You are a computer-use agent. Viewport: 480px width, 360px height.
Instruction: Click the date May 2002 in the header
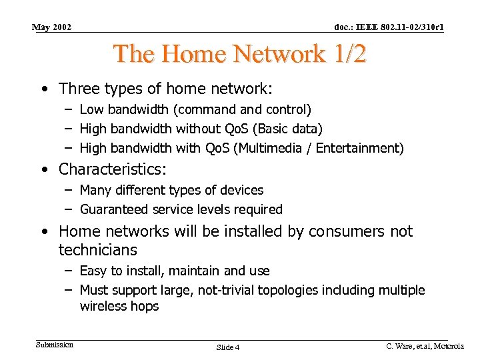click(52, 27)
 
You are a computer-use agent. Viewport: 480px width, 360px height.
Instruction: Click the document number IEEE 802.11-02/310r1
click(389, 27)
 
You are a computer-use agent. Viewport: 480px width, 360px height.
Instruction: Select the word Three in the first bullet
click(79, 89)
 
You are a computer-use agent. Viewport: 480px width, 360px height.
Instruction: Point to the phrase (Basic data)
click(293, 128)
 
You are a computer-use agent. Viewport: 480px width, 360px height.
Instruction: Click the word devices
click(241, 190)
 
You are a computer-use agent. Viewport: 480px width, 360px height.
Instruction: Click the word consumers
click(335, 231)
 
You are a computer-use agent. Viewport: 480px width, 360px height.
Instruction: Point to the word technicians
click(98, 250)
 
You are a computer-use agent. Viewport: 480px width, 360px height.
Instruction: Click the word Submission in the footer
click(55, 345)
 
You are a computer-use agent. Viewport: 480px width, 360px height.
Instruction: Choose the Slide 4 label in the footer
click(228, 347)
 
